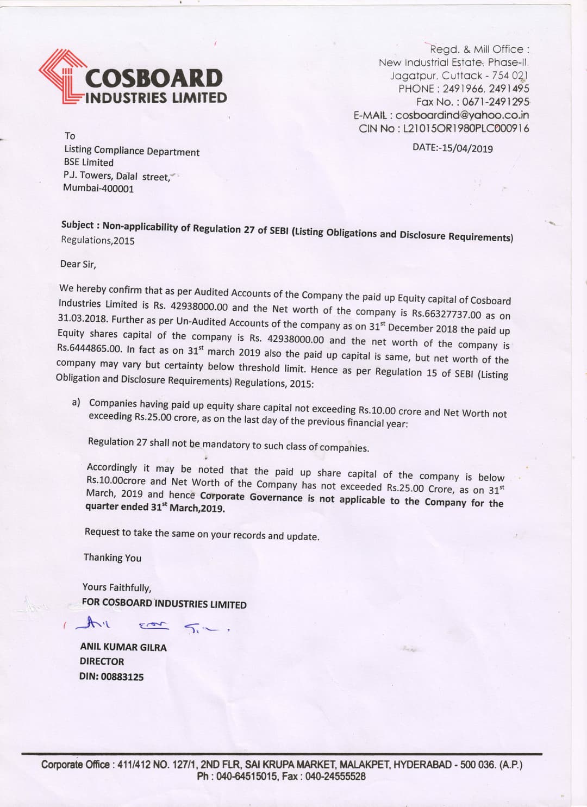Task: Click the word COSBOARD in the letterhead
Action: point(154,78)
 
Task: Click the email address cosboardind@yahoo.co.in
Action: point(462,115)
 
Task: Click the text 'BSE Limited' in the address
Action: point(89,162)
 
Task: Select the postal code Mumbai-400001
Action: point(98,189)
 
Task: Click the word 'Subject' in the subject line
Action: point(77,224)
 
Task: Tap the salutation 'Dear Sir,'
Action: point(78,264)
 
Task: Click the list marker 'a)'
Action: point(76,402)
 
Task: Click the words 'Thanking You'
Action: point(112,558)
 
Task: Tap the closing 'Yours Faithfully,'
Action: point(116,587)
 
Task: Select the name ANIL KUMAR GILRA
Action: point(123,647)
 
